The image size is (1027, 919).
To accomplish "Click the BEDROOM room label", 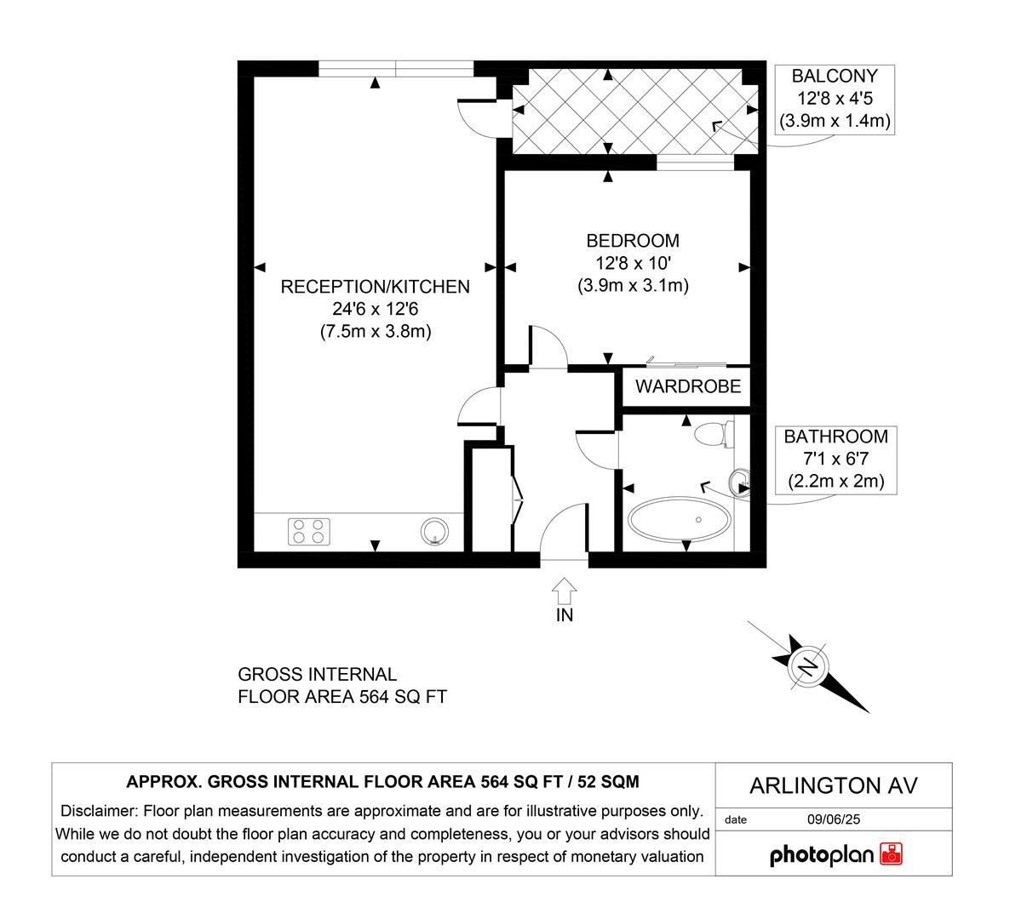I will (x=632, y=241).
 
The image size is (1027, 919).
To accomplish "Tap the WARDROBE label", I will (x=688, y=387).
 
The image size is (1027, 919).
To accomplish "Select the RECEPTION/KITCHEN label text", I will (x=375, y=287).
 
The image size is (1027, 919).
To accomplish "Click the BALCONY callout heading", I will (x=835, y=76).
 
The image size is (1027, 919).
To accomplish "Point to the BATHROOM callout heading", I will (x=835, y=437).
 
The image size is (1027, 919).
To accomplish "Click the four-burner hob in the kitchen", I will (x=309, y=531).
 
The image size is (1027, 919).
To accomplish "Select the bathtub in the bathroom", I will (x=679, y=518).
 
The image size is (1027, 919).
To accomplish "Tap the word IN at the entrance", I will (x=565, y=614).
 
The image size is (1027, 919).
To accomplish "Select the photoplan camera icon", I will (x=892, y=854).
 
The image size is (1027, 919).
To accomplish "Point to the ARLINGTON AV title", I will (x=834, y=785).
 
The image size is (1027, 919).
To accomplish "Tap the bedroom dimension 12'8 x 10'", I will (x=632, y=264).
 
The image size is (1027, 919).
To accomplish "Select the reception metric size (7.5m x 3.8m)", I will (x=375, y=332).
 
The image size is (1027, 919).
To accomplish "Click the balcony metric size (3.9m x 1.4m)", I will (x=835, y=122).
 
